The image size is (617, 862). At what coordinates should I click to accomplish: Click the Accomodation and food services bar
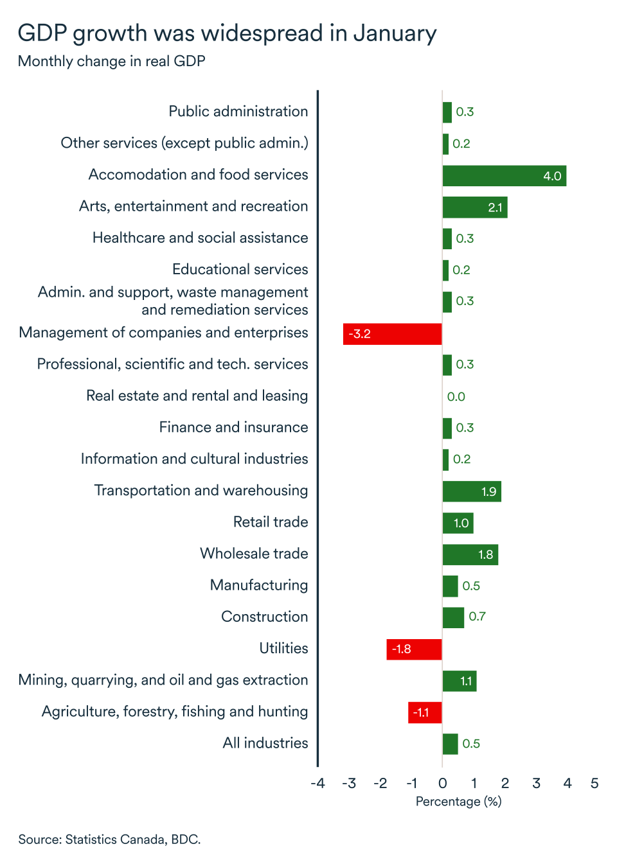pyautogui.click(x=504, y=175)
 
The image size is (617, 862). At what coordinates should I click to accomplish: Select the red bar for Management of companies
pyautogui.click(x=392, y=334)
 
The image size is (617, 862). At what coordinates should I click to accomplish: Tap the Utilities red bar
pyautogui.click(x=414, y=649)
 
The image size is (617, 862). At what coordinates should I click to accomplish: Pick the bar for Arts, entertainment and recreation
pyautogui.click(x=474, y=207)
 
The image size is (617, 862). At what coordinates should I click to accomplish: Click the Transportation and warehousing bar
pyautogui.click(x=471, y=491)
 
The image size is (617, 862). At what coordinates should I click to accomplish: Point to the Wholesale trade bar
pyautogui.click(x=470, y=554)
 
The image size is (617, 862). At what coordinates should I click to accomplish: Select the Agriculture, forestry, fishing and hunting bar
pyautogui.click(x=425, y=712)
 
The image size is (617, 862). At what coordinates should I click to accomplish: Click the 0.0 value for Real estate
pyautogui.click(x=456, y=397)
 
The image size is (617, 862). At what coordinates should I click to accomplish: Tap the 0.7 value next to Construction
pyautogui.click(x=477, y=617)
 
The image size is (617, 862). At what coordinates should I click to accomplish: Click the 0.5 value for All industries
pyautogui.click(x=471, y=744)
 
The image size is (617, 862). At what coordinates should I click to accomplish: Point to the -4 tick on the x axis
pyautogui.click(x=317, y=783)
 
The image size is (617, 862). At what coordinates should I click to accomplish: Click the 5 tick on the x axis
pyautogui.click(x=595, y=783)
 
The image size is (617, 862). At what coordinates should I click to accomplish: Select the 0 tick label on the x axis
pyautogui.click(x=442, y=783)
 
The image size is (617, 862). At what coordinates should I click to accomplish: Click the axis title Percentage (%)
pyautogui.click(x=458, y=802)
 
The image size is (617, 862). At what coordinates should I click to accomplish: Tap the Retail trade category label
pyautogui.click(x=271, y=522)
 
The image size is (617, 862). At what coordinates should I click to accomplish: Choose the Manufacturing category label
pyautogui.click(x=259, y=585)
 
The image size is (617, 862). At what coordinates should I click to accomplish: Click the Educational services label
pyautogui.click(x=240, y=270)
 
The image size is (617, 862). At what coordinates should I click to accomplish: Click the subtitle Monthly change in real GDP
pyautogui.click(x=112, y=62)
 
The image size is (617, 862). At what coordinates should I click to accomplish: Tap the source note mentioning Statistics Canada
pyautogui.click(x=109, y=840)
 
